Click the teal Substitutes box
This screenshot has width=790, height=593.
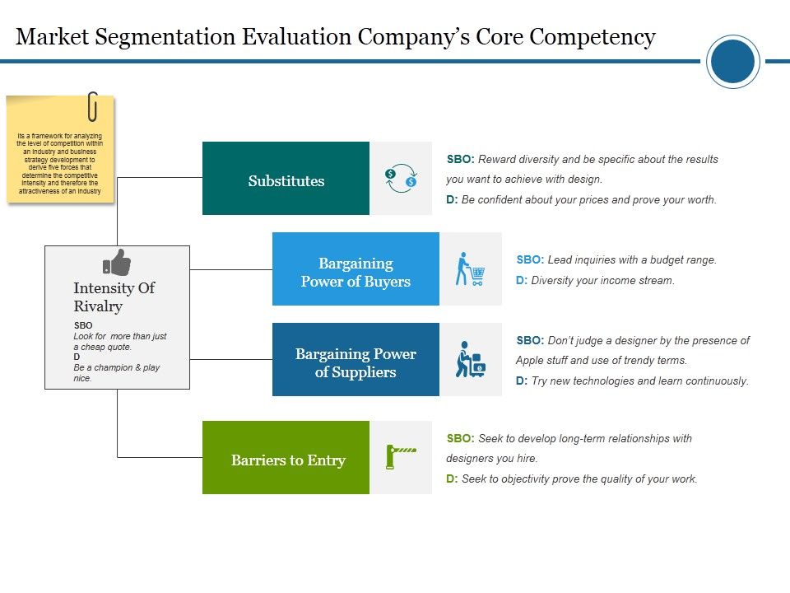pos(286,179)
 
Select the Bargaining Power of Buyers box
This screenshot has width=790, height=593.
pos(355,269)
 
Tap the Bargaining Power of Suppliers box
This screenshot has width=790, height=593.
pos(355,360)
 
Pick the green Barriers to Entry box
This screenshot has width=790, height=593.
pos(286,458)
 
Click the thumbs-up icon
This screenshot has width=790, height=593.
pos(116,263)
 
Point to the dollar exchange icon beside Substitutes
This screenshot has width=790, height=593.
pos(401,179)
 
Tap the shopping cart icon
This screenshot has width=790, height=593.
pos(470,269)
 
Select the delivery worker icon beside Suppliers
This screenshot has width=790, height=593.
pos(470,360)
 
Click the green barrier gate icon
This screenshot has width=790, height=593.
pos(401,455)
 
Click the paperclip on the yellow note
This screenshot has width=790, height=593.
pos(92,106)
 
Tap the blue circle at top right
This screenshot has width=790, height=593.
pos(732,62)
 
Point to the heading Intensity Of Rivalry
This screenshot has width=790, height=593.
pos(114,297)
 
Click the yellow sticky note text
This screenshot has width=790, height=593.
pos(59,163)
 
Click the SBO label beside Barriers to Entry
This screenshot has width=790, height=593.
pos(459,439)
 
